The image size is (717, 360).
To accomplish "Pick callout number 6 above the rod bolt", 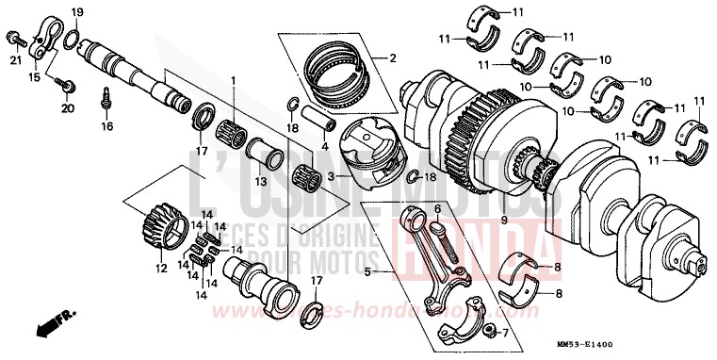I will [437, 207].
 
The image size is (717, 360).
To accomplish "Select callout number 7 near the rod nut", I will [505, 333].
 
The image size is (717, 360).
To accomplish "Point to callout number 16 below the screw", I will [106, 125].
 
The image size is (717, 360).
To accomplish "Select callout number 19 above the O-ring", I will [78, 12].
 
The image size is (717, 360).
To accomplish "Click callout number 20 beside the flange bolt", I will [66, 108].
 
